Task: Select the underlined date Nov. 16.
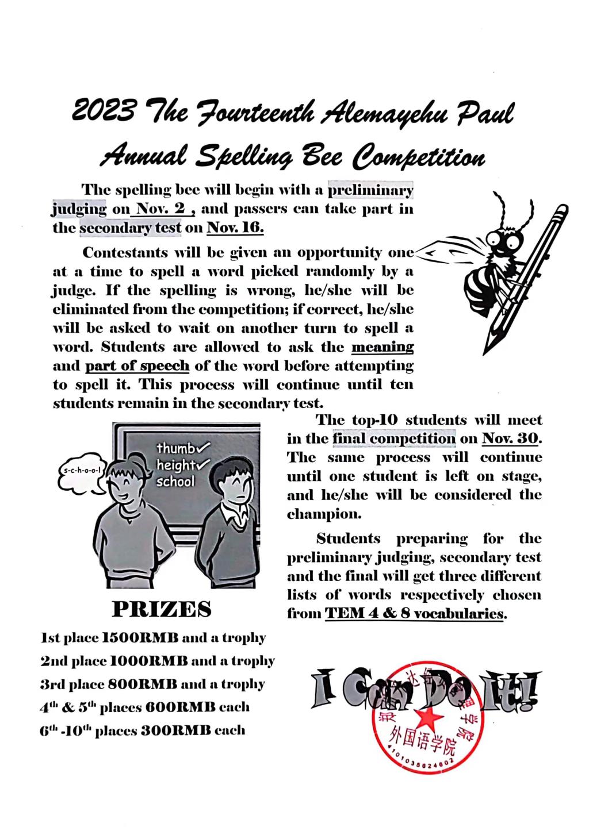(235, 228)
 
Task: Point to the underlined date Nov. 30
(510, 438)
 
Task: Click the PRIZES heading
(161, 609)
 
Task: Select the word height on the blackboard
(175, 464)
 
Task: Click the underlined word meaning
(382, 347)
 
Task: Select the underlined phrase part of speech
(137, 366)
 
